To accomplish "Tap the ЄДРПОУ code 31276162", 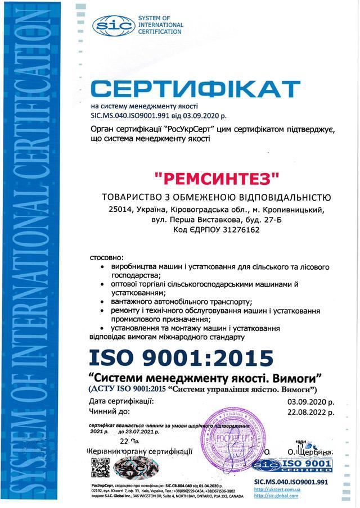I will coord(236,230).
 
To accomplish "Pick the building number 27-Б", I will coord(264,220).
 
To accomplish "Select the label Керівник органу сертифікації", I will coord(140,451).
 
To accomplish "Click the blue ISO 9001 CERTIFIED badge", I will coord(293,465).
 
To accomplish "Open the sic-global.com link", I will coord(276,496).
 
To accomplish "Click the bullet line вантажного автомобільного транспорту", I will coord(182,302).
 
